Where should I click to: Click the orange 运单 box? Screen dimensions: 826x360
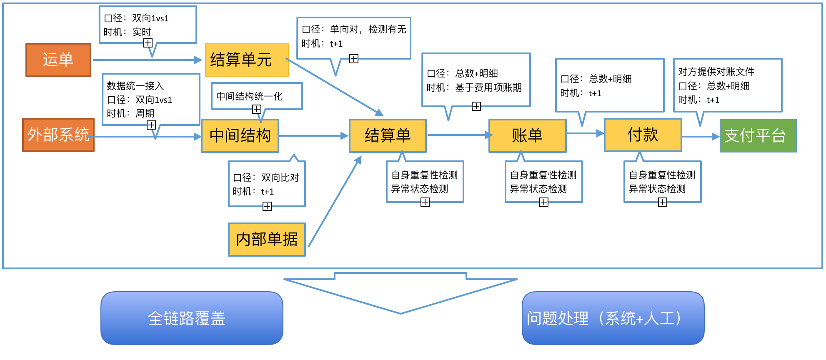click(x=58, y=60)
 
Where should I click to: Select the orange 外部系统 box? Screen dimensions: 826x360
click(x=58, y=135)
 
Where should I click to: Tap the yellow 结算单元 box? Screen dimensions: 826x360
click(x=247, y=60)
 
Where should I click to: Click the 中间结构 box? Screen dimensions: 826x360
click(x=240, y=136)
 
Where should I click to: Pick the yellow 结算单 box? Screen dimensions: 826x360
click(x=388, y=136)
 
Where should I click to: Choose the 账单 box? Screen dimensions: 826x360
click(x=528, y=136)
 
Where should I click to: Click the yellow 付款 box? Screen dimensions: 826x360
click(x=643, y=135)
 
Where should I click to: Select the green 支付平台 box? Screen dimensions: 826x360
click(x=758, y=136)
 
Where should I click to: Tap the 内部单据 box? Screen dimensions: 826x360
click(x=267, y=240)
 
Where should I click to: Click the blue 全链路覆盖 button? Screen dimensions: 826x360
click(x=192, y=318)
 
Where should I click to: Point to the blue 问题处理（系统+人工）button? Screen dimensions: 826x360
click(x=613, y=318)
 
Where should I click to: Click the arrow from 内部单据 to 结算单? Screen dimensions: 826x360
click(x=335, y=201)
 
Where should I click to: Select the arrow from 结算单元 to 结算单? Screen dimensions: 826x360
click(x=334, y=87)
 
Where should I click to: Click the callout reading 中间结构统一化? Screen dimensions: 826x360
click(x=257, y=97)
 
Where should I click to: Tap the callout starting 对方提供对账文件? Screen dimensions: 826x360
click(x=728, y=85)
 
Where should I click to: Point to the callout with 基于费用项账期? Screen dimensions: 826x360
click(x=476, y=80)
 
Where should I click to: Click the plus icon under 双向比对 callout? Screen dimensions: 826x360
click(x=267, y=206)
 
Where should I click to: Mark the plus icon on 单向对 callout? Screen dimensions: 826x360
click(x=354, y=59)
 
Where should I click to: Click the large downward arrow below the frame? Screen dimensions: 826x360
click(x=400, y=293)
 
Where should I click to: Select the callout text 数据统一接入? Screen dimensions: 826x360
click(x=135, y=86)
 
